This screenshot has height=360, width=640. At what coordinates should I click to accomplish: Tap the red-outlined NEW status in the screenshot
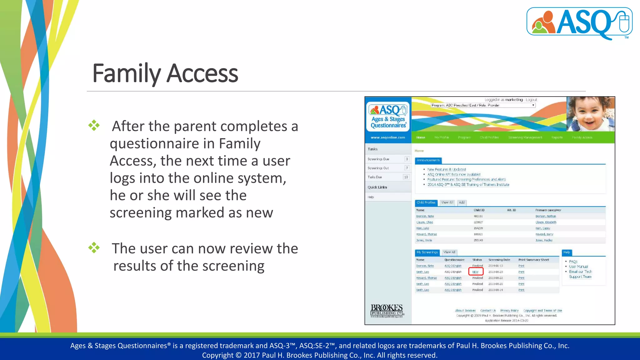[x=476, y=272]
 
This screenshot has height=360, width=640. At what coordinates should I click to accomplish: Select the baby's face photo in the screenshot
[x=590, y=114]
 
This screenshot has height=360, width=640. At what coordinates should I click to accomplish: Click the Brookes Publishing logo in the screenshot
[x=387, y=311]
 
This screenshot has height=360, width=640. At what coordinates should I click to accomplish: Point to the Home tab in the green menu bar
[x=420, y=137]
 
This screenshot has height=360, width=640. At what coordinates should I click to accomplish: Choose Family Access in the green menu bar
[x=582, y=137]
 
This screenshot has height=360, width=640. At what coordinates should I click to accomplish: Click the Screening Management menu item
[x=525, y=137]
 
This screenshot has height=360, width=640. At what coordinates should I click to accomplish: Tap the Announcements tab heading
[x=428, y=160]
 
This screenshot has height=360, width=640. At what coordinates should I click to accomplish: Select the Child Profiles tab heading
[x=426, y=202]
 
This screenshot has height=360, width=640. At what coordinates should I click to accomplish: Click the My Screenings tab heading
[x=427, y=252]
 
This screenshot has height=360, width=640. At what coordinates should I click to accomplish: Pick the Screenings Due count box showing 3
[x=407, y=159]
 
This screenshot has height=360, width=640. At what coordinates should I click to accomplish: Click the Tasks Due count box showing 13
[x=406, y=177]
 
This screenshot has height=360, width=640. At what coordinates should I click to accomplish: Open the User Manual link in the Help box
[x=578, y=267]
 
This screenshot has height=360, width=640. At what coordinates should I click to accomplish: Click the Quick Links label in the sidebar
[x=377, y=187]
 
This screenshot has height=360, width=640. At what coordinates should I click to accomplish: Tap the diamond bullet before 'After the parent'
[x=94, y=126]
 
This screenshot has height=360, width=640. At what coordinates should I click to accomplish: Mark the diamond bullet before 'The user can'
[x=94, y=248]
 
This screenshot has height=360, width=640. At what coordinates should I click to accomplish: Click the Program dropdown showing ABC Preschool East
[x=483, y=105]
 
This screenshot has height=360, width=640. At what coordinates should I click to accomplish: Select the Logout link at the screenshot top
[x=531, y=100]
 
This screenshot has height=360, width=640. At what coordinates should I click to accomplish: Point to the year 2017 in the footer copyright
[x=252, y=355]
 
